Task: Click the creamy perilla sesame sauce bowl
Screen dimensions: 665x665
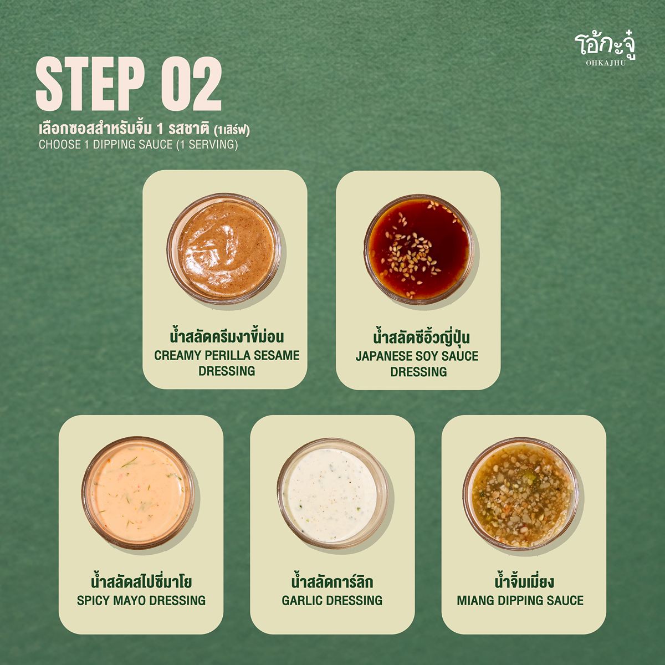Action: [225, 248]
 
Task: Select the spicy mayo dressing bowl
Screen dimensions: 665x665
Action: [139, 494]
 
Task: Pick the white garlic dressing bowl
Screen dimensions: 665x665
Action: [332, 494]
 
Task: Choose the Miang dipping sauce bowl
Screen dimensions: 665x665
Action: [520, 494]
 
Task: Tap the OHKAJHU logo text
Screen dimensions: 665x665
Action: [606, 63]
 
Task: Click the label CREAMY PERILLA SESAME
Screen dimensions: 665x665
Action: [227, 355]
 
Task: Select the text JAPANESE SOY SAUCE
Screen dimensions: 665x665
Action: [417, 356]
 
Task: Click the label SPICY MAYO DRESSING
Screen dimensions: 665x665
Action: [141, 601]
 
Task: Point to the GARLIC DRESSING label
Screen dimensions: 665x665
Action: [332, 601]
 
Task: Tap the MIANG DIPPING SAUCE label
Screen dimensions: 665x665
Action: [520, 601]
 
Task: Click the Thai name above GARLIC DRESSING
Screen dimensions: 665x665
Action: [332, 582]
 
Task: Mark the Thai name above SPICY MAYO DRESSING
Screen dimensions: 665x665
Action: [141, 582]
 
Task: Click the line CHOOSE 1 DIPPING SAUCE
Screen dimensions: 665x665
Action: [139, 145]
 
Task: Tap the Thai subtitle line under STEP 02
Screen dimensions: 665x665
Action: [144, 130]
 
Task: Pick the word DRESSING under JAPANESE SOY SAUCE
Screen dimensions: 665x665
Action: [418, 372]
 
